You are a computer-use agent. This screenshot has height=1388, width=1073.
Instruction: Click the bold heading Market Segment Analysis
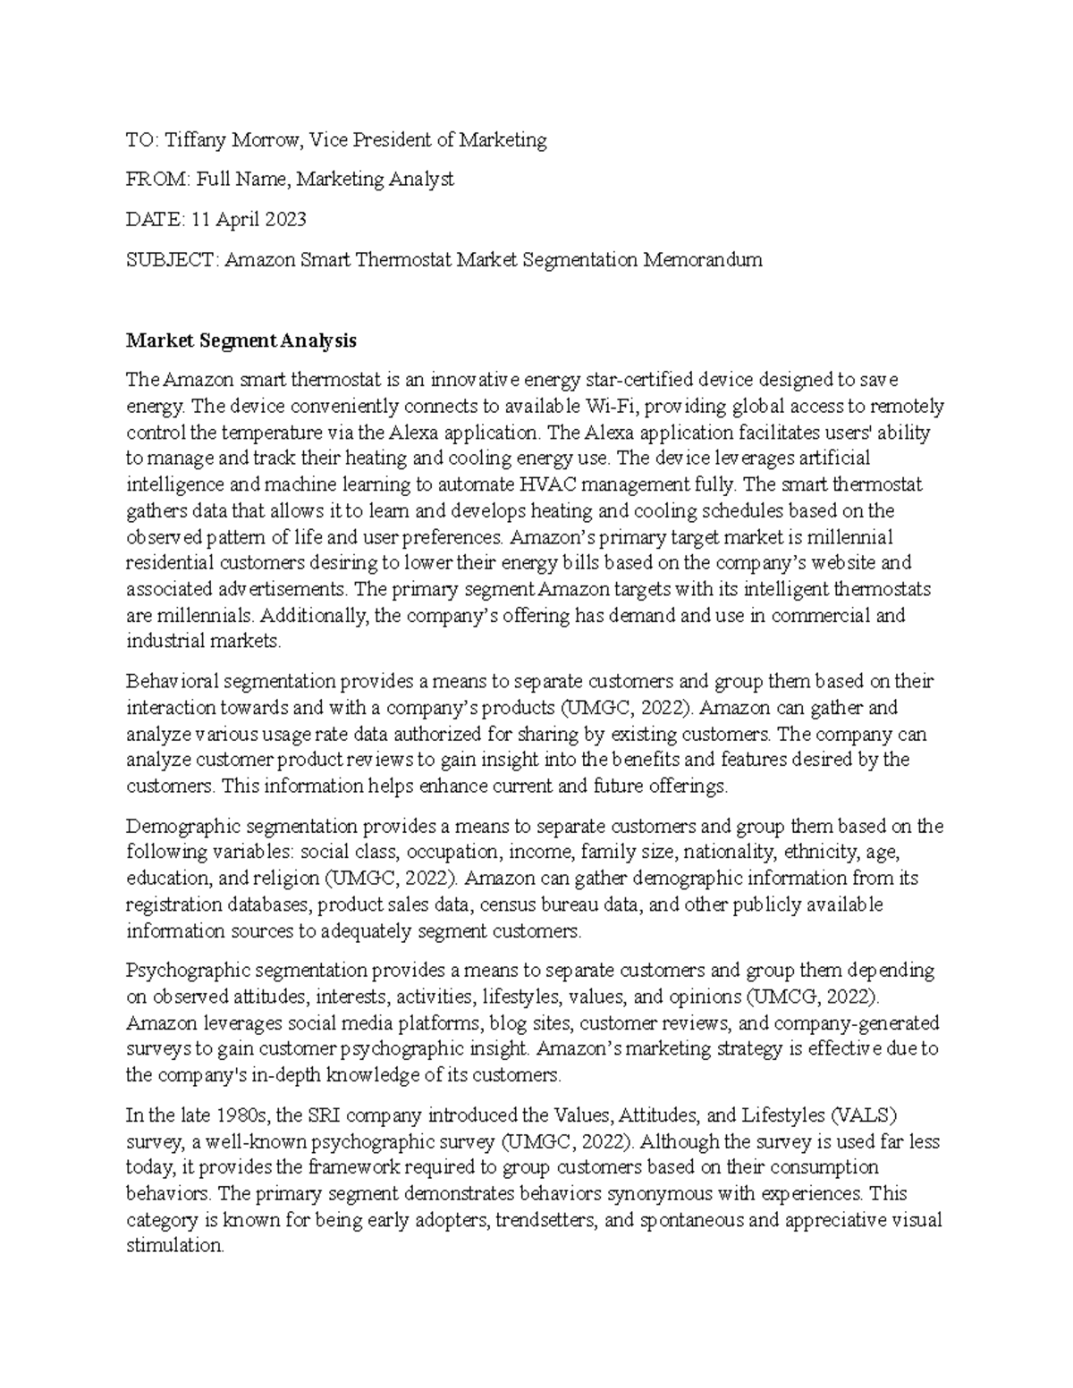(x=241, y=341)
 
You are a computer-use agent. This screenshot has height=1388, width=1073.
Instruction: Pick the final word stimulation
(x=174, y=1246)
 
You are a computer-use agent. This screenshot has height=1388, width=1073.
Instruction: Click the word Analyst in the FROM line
(x=421, y=180)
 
